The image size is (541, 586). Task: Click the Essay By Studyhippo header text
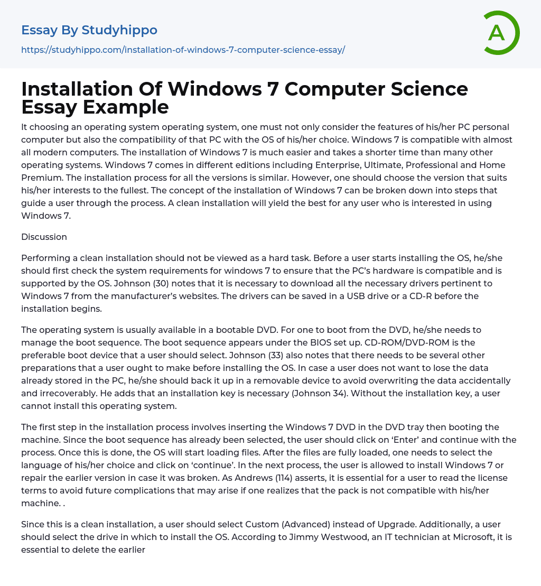89,30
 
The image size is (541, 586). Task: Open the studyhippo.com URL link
183,50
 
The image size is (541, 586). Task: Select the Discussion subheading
44,237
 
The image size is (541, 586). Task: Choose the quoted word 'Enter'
393,440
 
